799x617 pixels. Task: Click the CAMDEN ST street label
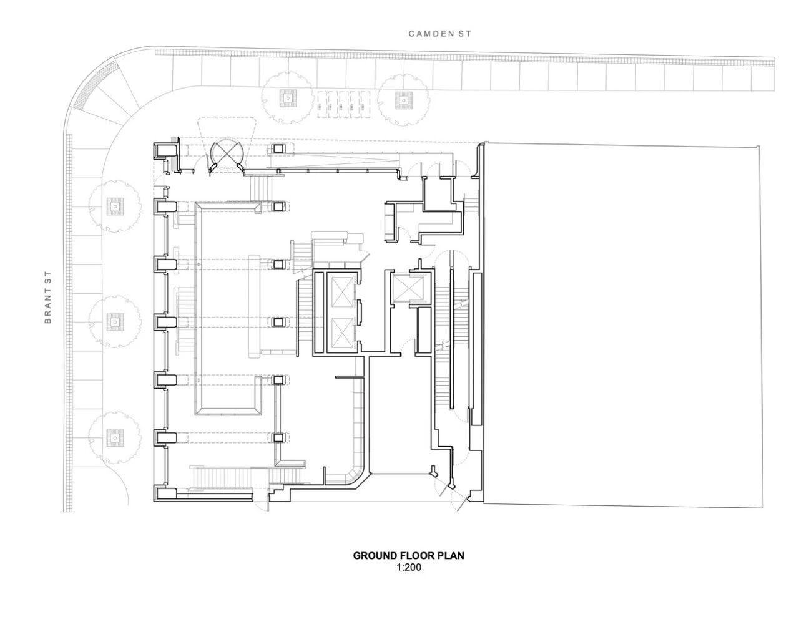pos(439,34)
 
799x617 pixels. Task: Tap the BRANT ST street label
pos(47,298)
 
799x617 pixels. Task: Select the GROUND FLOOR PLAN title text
pos(408,555)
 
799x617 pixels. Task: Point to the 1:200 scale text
pos(408,568)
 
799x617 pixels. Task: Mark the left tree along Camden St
pos(287,98)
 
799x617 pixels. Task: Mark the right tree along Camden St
pos(401,99)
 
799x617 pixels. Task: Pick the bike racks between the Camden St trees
pos(344,105)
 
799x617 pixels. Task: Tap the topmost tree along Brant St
pos(114,205)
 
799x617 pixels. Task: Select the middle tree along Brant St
pos(114,322)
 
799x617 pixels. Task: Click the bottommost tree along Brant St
pos(114,437)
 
